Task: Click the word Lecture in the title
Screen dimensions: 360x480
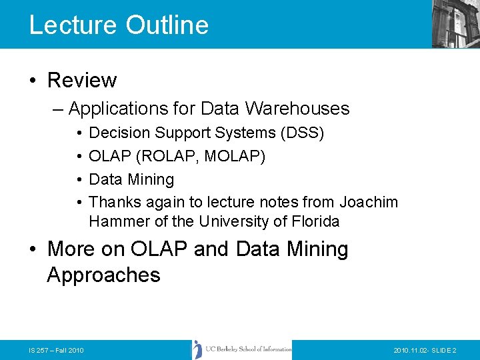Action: click(x=73, y=25)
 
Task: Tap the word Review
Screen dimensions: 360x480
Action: click(x=82, y=81)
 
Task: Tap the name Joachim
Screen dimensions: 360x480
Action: click(x=369, y=202)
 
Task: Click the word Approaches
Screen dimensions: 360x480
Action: click(x=104, y=275)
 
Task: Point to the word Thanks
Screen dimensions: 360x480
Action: click(x=114, y=202)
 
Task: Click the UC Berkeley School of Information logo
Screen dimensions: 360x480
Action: click(x=242, y=349)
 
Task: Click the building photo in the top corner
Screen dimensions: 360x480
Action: click(x=455, y=23)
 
